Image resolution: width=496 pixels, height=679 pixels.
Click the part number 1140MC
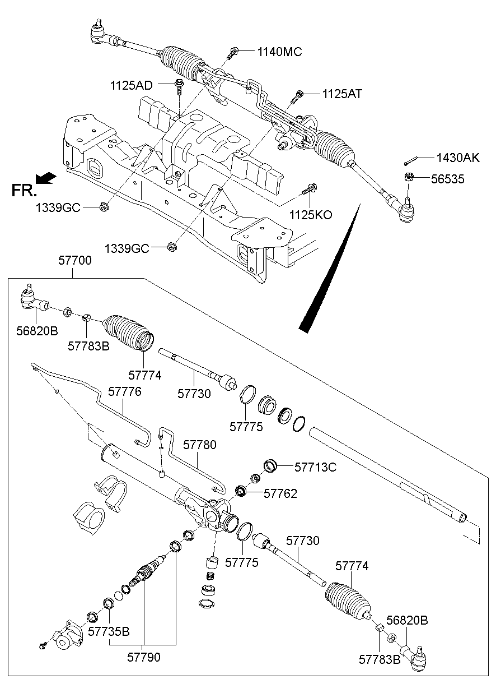[x=279, y=52]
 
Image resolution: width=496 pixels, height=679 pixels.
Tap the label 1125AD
[x=131, y=85]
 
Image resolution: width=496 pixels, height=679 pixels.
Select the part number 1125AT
[x=342, y=94]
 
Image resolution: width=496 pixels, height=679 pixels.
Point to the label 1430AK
[x=458, y=158]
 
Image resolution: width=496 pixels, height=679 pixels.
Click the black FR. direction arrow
[x=46, y=178]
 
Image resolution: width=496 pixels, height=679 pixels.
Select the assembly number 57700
[x=74, y=261]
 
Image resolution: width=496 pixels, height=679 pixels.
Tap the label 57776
[x=125, y=391]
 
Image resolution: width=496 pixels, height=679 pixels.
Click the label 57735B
[x=109, y=632]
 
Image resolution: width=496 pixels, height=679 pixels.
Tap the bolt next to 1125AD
[x=179, y=86]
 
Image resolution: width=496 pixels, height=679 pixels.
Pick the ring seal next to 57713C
[x=271, y=465]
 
